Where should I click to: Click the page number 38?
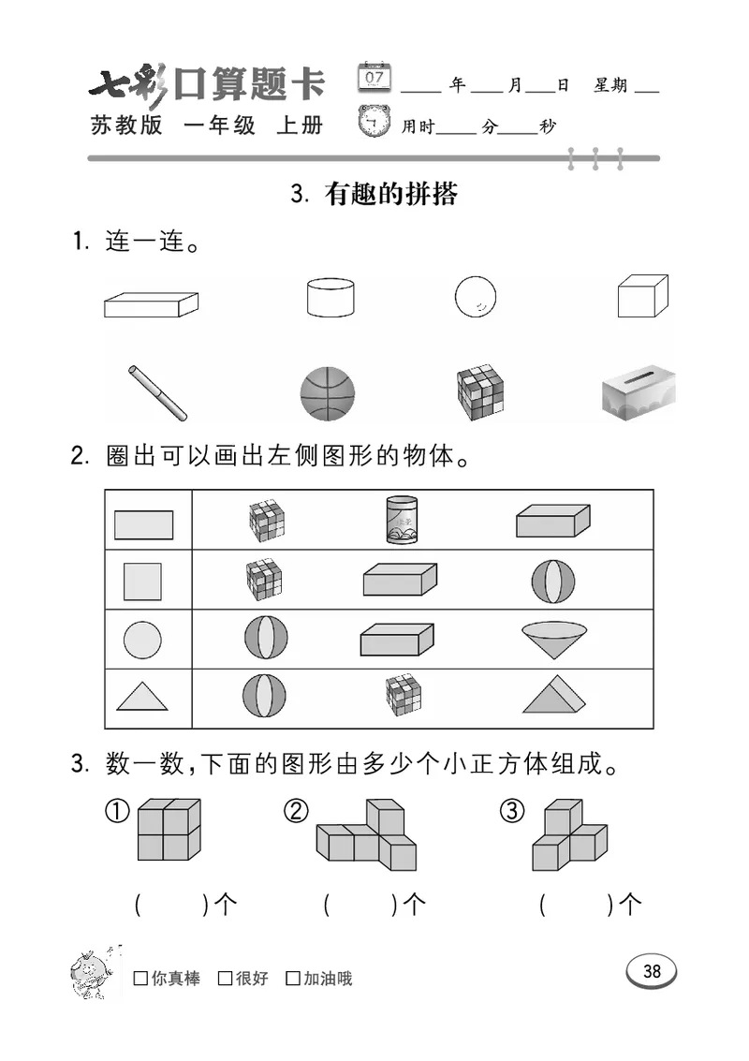click(652, 971)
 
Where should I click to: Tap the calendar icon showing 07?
click(374, 77)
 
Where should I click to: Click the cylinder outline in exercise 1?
click(330, 297)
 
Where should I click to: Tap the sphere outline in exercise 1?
click(475, 297)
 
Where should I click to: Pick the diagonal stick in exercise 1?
click(157, 392)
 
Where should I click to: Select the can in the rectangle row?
click(402, 520)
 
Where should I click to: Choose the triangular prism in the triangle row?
click(556, 695)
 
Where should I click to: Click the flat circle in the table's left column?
click(142, 641)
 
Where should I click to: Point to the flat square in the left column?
click(142, 581)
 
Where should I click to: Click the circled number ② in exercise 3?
click(296, 812)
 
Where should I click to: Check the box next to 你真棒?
click(140, 979)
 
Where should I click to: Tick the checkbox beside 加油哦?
click(293, 979)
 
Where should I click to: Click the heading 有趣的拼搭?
click(390, 194)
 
